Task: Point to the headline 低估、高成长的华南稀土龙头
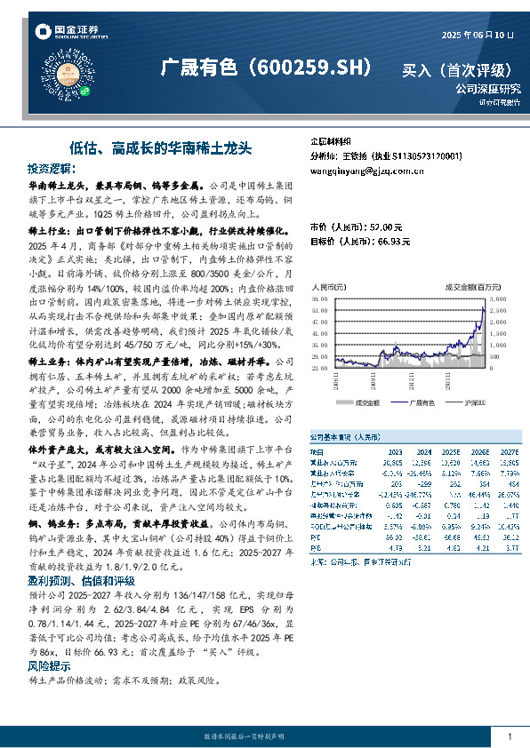pyautogui.click(x=161, y=147)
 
